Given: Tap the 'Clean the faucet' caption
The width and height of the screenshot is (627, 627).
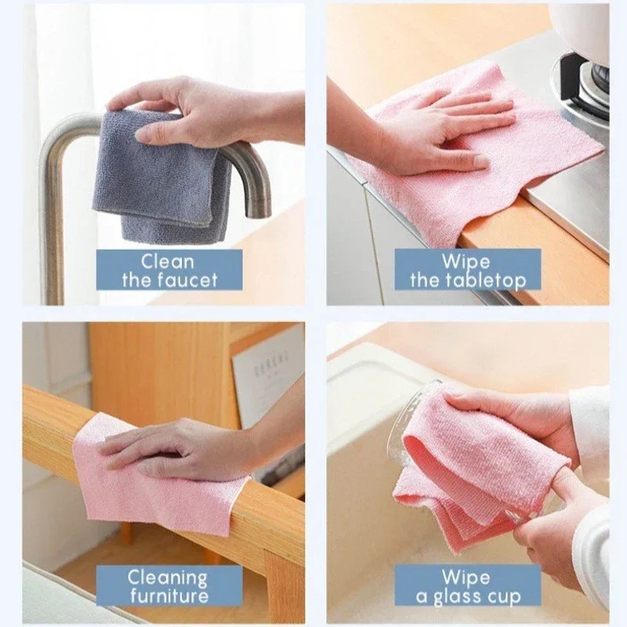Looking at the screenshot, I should coord(169,270).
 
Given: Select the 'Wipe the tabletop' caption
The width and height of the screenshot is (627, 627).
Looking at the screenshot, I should coord(467,270).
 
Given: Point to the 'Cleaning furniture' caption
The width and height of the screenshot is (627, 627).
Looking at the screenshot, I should coord(169,586).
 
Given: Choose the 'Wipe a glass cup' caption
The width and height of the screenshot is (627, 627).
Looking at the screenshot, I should coord(467,586).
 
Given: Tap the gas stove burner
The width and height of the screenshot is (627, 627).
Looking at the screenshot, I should coord(584,78).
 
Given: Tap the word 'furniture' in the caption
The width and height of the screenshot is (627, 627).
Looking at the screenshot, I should coord(169,596).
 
